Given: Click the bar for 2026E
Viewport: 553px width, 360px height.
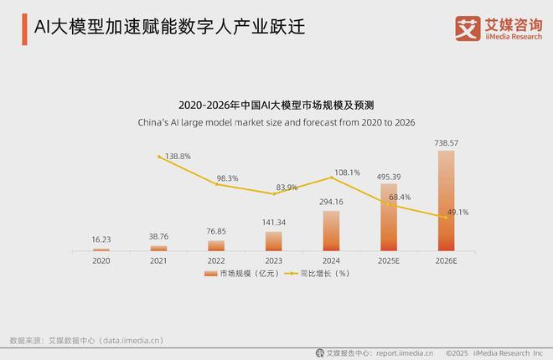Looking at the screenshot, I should click(x=446, y=201).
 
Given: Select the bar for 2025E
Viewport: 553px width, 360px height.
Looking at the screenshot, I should click(x=389, y=217).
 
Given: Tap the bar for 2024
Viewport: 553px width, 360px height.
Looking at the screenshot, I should click(x=331, y=231).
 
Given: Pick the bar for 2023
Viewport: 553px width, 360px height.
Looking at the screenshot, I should click(x=274, y=241).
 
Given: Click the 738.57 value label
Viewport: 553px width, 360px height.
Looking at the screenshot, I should click(x=446, y=143).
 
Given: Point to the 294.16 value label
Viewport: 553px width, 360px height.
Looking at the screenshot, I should click(x=331, y=202).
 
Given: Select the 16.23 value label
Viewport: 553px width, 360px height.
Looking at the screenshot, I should click(x=101, y=239).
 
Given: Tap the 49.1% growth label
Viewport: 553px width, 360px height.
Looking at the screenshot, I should click(x=457, y=213).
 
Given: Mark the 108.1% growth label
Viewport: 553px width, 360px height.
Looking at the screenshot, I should click(x=346, y=172).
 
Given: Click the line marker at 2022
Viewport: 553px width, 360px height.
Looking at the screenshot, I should click(x=216, y=184).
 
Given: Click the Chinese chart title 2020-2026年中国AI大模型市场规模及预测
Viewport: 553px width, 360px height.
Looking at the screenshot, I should click(x=276, y=105).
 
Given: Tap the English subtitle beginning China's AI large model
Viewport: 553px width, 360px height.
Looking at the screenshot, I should click(x=276, y=122).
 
